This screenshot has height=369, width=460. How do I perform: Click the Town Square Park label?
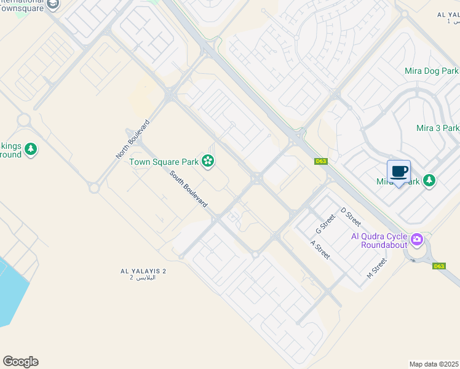[x=164, y=162]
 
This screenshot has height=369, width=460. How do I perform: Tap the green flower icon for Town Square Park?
[x=208, y=162]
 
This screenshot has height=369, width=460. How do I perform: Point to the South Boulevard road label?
[x=188, y=188]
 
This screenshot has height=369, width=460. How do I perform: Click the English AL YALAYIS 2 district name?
[x=143, y=271]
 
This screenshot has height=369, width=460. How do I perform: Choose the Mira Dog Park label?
[x=432, y=71]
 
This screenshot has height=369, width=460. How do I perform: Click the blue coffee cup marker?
[x=399, y=172]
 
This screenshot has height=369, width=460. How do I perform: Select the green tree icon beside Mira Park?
[x=429, y=181]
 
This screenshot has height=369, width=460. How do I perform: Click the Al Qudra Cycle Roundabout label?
[x=379, y=240]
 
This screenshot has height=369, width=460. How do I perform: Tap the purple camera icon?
[x=418, y=239]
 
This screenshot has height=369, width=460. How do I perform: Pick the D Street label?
[x=351, y=217]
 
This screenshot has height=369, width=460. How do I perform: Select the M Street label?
[x=376, y=268]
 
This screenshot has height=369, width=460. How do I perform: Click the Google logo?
[x=20, y=362]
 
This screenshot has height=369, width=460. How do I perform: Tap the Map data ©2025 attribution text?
[x=434, y=364]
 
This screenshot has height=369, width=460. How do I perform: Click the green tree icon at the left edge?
[x=30, y=149]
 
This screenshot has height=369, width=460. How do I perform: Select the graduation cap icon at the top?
[x=53, y=4]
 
